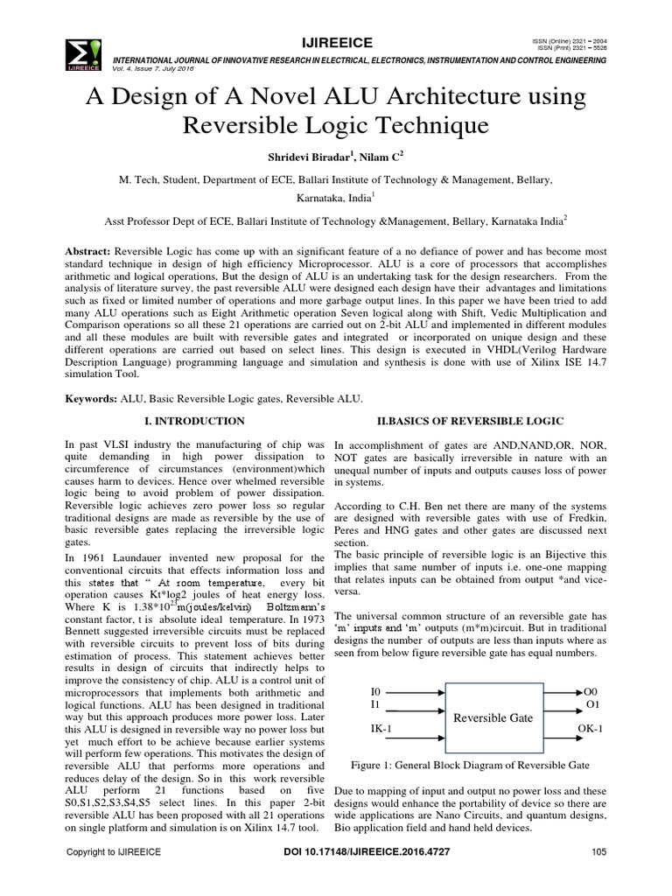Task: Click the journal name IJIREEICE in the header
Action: coord(337,42)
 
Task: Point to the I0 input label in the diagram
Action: coord(377,690)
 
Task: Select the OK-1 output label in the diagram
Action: coord(591,727)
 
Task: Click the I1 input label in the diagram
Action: coord(376,703)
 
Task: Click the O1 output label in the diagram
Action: coord(591,703)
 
